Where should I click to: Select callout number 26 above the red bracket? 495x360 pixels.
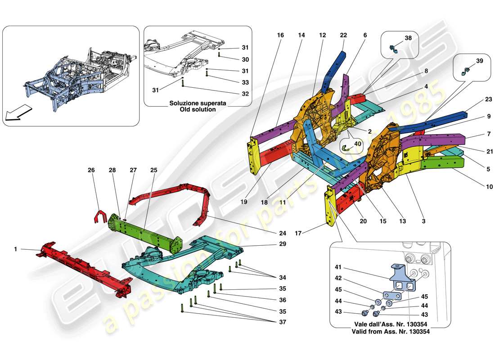(91, 171)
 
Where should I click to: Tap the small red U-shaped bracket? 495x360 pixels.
(99, 216)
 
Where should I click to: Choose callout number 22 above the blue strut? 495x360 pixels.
(344, 35)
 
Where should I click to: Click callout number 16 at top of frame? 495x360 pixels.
(281, 35)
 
